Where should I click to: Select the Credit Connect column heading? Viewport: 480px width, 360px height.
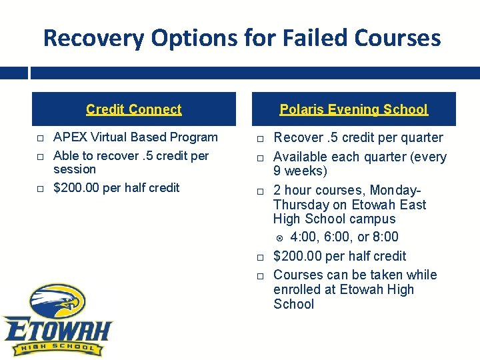point(133,109)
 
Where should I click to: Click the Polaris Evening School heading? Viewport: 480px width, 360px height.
point(353,109)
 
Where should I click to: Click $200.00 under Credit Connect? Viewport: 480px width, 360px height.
point(77,188)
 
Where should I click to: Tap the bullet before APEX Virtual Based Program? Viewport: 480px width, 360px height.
point(40,138)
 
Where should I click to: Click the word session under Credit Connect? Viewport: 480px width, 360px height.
point(74,169)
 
